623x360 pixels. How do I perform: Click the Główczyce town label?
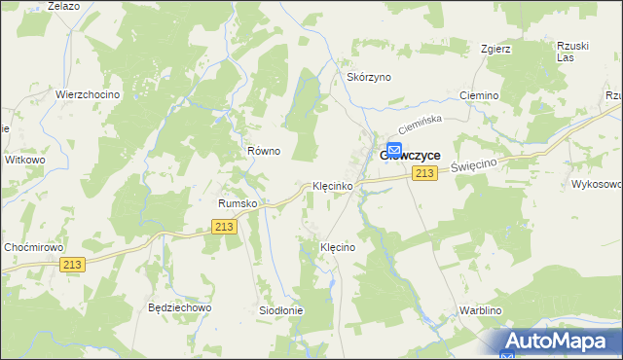pos(410,155)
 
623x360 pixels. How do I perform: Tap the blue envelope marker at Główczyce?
pos(394,150)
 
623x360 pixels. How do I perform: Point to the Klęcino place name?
pos(338,248)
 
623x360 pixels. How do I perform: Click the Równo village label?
pos(264,151)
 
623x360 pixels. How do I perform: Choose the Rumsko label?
pos(237,203)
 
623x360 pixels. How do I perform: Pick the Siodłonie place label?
pos(280,310)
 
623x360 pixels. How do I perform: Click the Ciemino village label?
pos(477,96)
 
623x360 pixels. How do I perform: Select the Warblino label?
pos(480,311)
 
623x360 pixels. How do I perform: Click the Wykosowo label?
pos(596,184)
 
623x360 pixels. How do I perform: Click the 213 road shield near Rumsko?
pos(224,227)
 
